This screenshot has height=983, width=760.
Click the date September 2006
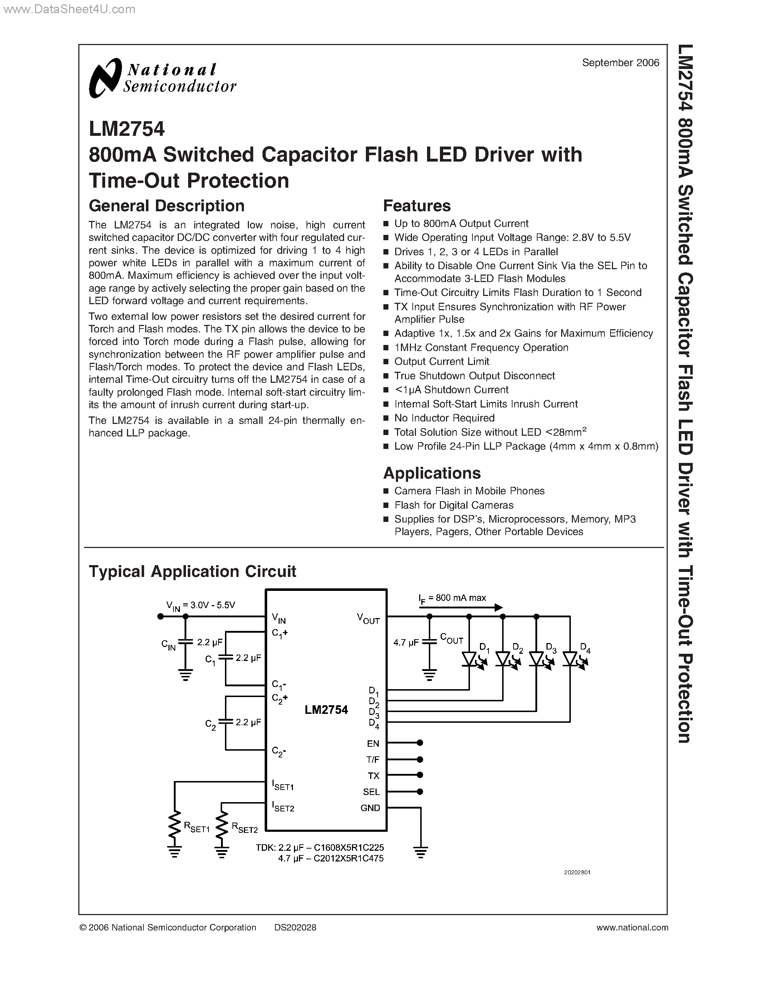621,63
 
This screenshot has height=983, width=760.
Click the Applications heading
432,473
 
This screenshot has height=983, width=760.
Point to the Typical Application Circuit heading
192,571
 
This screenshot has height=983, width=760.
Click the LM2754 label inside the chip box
326,710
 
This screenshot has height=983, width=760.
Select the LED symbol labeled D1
469,660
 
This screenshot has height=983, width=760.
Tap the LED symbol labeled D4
570,660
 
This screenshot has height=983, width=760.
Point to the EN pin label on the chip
373,744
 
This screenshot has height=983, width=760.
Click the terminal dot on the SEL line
420,792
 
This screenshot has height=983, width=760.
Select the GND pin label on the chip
370,808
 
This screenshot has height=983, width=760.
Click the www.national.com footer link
632,928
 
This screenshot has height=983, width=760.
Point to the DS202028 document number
295,928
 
